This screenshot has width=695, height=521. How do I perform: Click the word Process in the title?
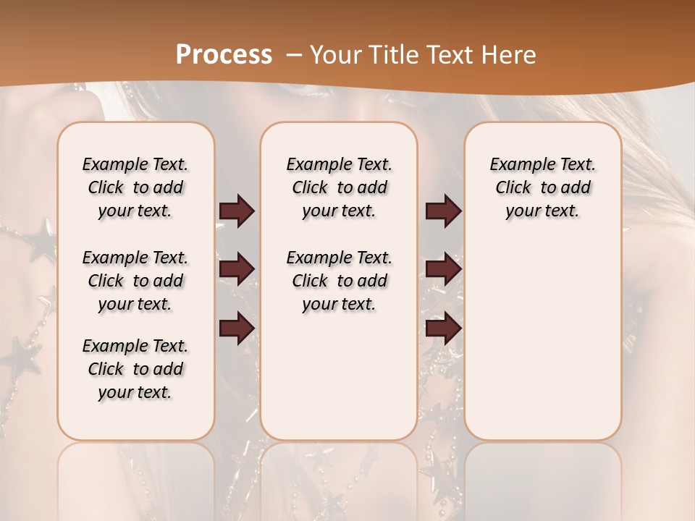224,55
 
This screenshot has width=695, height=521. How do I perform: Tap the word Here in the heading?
508,55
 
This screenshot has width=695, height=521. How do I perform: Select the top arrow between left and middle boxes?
237,211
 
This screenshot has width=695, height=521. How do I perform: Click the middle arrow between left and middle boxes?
237,269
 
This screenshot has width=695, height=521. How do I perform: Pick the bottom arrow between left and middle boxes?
237,328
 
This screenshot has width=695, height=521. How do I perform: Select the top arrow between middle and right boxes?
443,211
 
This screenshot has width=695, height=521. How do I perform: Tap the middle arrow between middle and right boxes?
443,269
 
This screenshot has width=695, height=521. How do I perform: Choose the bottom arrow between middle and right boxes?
443,328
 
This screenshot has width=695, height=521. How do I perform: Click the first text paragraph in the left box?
135,187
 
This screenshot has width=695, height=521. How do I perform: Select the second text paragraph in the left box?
135,281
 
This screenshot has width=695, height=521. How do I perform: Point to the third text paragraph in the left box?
135,369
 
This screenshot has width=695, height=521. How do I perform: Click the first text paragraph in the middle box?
339,187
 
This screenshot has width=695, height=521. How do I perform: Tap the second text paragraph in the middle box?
339,281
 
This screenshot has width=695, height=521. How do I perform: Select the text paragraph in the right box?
542,187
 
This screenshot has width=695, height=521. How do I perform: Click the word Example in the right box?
515,165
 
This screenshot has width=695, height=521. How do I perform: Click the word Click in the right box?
513,188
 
